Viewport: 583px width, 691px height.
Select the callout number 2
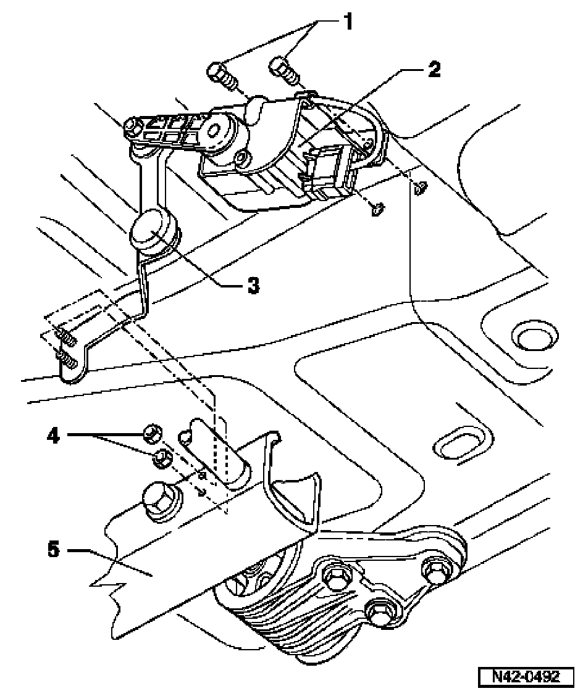(x=434, y=69)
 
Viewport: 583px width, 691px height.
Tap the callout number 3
(x=253, y=286)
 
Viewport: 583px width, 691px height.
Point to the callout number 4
(x=53, y=436)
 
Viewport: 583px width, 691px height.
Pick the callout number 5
(x=53, y=550)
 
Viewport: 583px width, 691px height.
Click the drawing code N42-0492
(x=526, y=676)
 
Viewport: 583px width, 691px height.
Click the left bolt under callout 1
(x=220, y=75)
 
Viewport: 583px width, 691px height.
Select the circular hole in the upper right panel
(x=533, y=339)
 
